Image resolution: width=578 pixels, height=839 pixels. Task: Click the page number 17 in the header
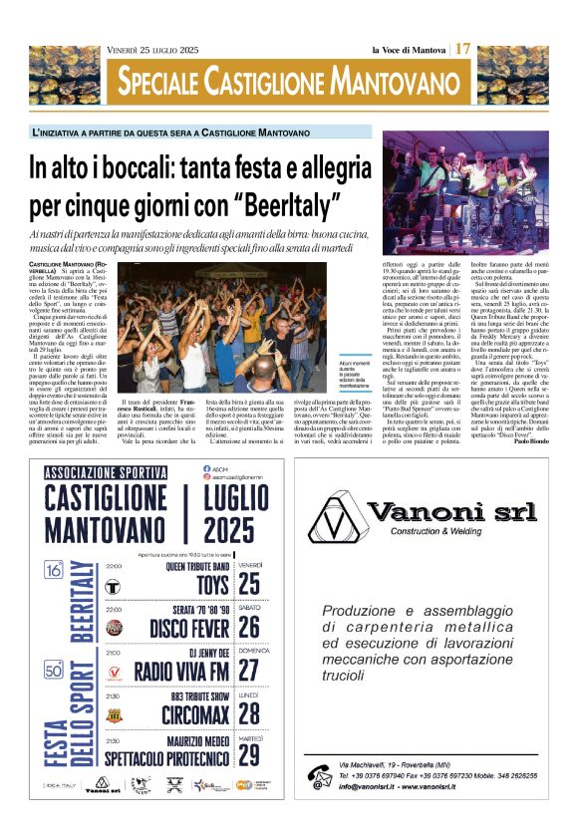pyautogui.click(x=464, y=49)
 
